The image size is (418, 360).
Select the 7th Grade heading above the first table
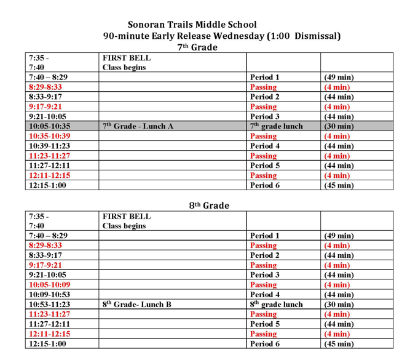click(197, 47)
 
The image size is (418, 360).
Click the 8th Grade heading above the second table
click(209, 206)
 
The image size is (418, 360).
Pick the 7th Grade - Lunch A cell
click(138, 126)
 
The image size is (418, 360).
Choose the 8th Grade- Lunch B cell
click(136, 305)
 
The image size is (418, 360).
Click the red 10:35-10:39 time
click(50, 136)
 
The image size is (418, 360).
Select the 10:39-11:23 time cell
click(50, 146)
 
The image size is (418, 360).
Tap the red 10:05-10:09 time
click(50, 285)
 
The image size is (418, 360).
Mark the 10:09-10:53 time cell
click(50, 295)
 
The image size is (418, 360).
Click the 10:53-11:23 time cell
click(50, 305)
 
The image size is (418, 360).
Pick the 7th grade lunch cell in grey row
click(277, 126)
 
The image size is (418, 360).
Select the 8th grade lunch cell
click(277, 305)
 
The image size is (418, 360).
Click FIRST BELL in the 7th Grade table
click(127, 58)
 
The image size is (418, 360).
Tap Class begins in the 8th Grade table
click(124, 226)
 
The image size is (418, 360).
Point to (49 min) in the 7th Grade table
click(339, 78)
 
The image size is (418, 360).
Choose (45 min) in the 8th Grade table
click(339, 344)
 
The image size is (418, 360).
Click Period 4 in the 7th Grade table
click(265, 146)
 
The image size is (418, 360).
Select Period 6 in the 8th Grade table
click(265, 344)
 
